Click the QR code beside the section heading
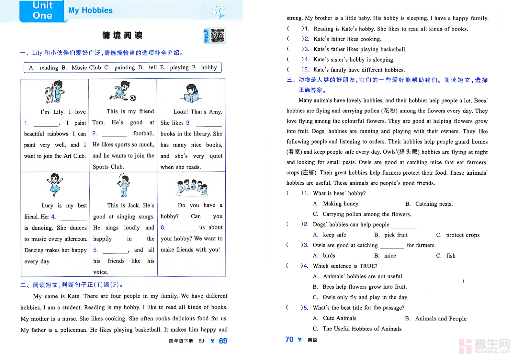[x=217, y=36]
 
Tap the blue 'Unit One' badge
[x=42, y=11]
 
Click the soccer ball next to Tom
[x=133, y=98]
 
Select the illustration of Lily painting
[x=54, y=92]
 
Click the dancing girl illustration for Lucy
[x=55, y=185]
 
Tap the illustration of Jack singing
[x=123, y=185]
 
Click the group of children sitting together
[x=192, y=188]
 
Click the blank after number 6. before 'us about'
[x=182, y=228]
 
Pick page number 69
[x=223, y=341]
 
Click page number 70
[x=289, y=339]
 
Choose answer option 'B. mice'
[x=385, y=256]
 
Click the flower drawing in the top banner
[x=219, y=11]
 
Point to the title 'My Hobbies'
[x=90, y=10]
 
